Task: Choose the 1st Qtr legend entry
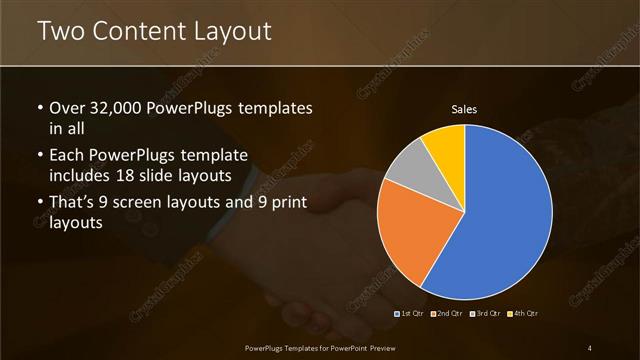point(410,313)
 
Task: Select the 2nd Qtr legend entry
point(447,313)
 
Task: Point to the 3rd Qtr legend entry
point(485,313)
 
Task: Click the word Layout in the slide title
point(231,31)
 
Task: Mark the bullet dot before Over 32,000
point(39,108)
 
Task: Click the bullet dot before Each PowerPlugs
point(39,156)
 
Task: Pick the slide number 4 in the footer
point(590,347)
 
